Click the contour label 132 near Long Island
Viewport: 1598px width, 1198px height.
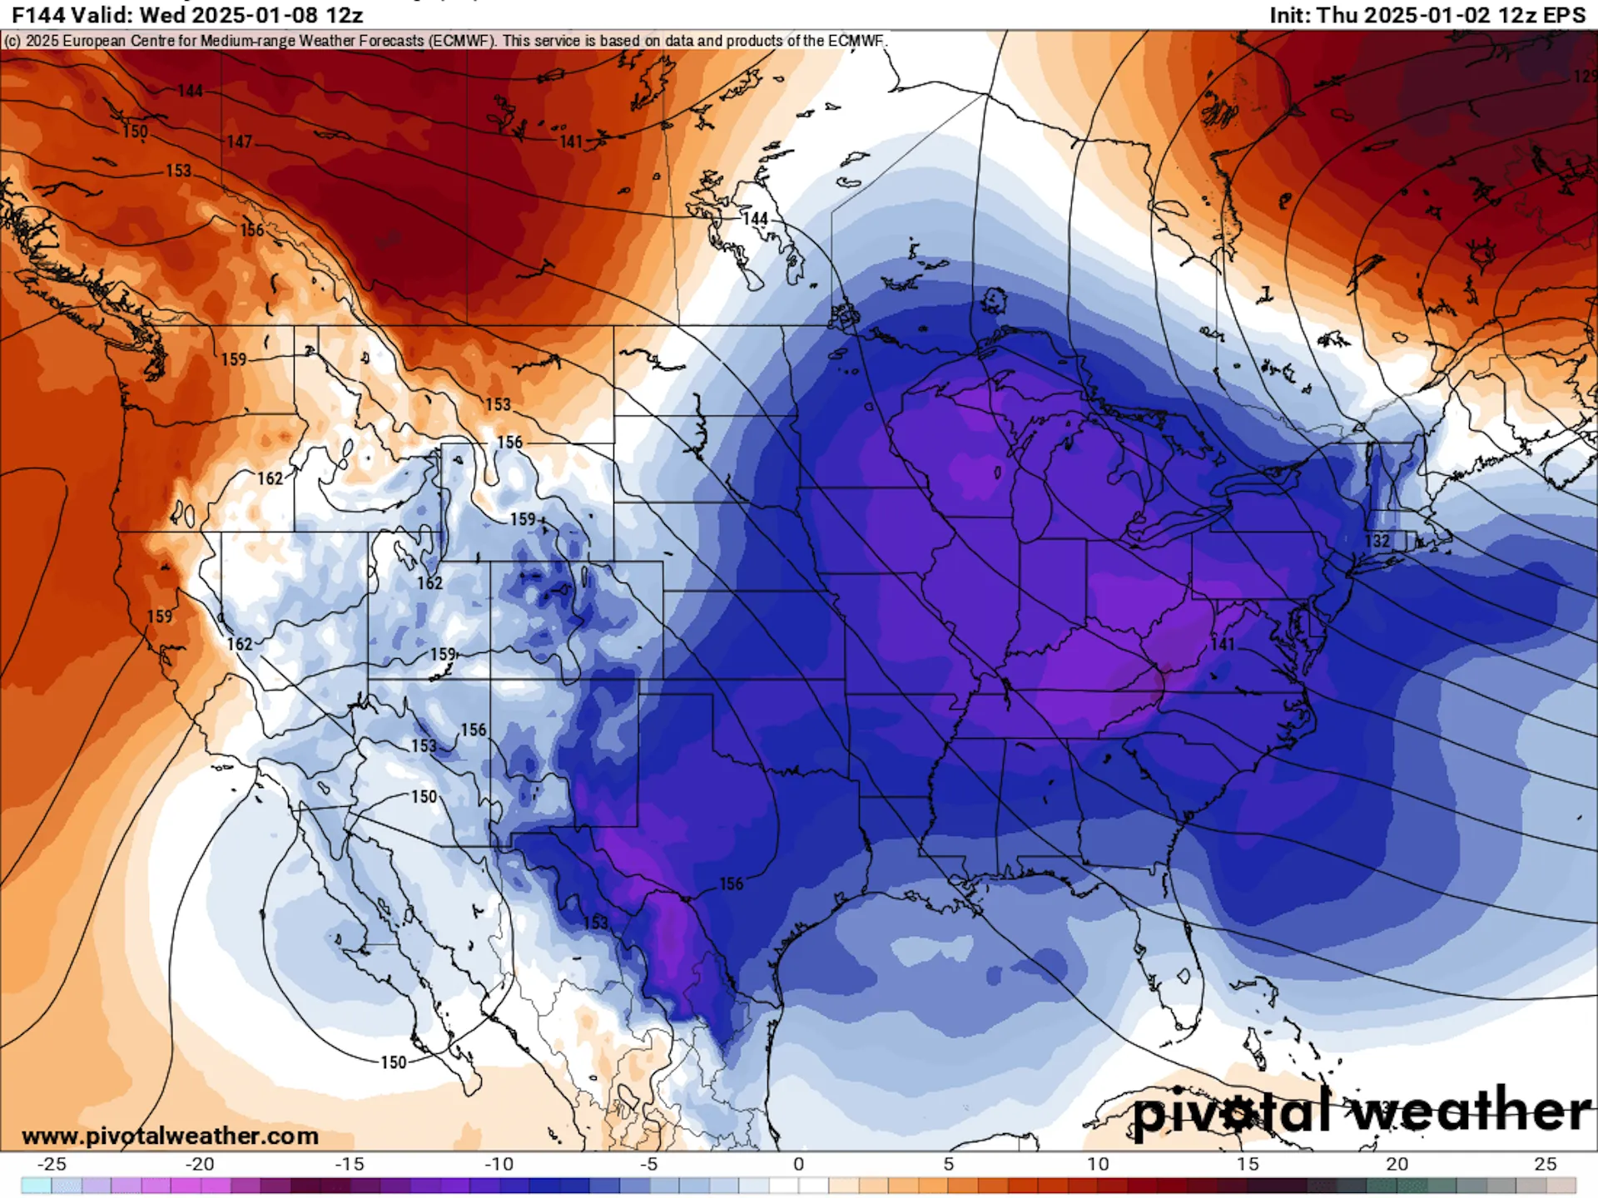click(1377, 542)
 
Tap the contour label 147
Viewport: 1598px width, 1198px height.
click(239, 142)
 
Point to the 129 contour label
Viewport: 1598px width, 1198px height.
click(1585, 77)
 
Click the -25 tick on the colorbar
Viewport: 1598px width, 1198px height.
click(52, 1164)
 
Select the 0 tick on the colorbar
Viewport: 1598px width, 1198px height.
click(798, 1164)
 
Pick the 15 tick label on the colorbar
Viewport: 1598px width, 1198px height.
click(1247, 1164)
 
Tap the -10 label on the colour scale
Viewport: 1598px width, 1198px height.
click(499, 1164)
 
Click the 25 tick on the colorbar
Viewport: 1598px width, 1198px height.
click(1546, 1164)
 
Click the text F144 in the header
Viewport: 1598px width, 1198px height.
click(37, 15)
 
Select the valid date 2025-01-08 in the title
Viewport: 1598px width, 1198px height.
click(249, 15)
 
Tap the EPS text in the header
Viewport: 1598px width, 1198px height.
click(1565, 15)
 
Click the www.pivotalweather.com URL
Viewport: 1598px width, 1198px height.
click(170, 1136)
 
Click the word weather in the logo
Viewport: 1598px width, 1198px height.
click(1469, 1111)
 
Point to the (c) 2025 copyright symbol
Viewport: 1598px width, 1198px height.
click(12, 41)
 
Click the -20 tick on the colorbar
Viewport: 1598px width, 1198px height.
click(200, 1164)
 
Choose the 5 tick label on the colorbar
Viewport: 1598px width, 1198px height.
click(948, 1164)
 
